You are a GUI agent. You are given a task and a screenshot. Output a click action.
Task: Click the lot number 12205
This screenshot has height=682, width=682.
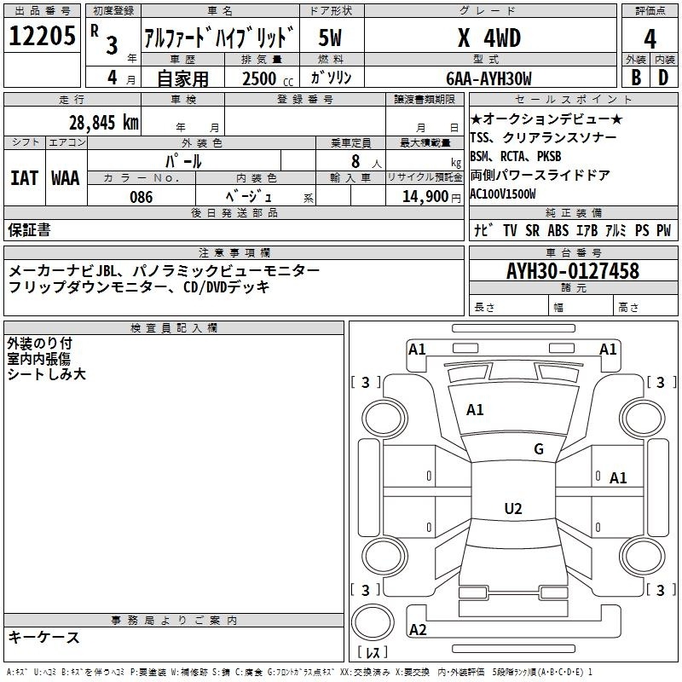coord(42,36)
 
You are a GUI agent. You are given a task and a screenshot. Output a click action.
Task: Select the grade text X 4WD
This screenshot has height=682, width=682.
coord(489,38)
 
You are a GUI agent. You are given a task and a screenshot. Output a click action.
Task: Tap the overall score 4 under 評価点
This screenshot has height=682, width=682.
coord(650,38)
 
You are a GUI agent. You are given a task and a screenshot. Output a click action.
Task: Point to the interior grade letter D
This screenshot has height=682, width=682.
coord(663,78)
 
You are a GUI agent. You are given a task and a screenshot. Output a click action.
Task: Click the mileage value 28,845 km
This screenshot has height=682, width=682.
coord(104,123)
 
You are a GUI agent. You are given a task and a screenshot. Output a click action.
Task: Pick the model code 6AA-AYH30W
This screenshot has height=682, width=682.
coord(488,78)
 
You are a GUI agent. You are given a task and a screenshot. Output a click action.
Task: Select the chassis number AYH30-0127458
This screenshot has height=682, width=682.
coord(573,271)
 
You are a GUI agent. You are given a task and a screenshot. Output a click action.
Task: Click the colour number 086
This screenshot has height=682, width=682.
coord(142,197)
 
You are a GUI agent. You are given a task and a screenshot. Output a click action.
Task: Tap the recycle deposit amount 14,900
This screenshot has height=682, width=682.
coord(425,197)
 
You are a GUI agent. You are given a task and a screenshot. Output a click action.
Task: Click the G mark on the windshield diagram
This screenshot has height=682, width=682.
coord(539,449)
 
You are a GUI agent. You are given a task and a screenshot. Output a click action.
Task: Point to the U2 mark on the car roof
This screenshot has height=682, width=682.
coord(513,508)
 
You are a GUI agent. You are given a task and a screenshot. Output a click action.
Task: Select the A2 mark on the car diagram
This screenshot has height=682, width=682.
coord(418,630)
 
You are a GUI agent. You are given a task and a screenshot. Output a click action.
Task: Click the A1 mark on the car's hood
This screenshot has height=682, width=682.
coord(475,410)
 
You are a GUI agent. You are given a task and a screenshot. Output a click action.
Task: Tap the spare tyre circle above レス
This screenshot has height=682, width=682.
coord(373,622)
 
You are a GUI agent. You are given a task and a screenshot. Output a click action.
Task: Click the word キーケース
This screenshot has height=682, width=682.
coord(44,638)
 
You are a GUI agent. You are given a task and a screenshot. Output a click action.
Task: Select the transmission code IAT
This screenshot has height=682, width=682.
coord(25,178)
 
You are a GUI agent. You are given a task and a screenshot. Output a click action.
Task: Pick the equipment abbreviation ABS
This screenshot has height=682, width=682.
coord(558,230)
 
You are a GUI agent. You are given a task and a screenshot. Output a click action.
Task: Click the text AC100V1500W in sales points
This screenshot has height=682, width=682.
coord(503,194)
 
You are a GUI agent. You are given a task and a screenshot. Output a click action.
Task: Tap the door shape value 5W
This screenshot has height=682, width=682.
coord(330,38)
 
